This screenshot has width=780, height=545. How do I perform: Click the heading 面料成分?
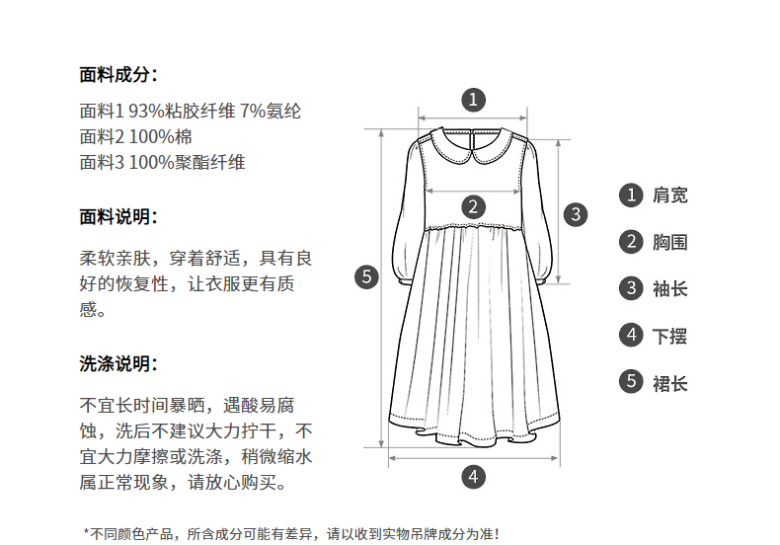(x=118, y=75)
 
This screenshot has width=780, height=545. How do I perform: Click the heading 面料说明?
(x=118, y=217)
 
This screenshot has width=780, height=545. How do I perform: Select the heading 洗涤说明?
(x=118, y=364)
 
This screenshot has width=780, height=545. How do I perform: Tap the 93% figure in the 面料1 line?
(x=146, y=111)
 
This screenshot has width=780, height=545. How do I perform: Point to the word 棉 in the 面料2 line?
(x=183, y=137)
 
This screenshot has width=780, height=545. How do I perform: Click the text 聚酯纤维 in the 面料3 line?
(x=209, y=163)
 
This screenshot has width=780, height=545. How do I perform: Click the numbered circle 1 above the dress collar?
(x=473, y=100)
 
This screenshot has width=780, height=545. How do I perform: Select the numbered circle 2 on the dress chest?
(x=473, y=206)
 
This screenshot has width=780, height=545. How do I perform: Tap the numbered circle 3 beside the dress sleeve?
(x=576, y=214)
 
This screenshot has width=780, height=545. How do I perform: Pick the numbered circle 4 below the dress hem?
(x=473, y=477)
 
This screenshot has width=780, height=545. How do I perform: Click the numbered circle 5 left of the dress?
(x=366, y=276)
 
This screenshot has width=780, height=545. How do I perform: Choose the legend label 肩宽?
(x=670, y=195)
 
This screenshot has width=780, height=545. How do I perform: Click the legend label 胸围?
(x=670, y=242)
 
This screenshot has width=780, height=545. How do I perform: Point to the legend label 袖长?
(x=670, y=289)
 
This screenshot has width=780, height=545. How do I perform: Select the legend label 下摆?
(x=670, y=336)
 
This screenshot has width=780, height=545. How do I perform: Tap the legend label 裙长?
(x=670, y=383)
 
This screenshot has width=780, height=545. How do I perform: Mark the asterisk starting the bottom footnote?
(x=86, y=532)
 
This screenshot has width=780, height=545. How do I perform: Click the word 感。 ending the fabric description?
(x=93, y=310)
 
